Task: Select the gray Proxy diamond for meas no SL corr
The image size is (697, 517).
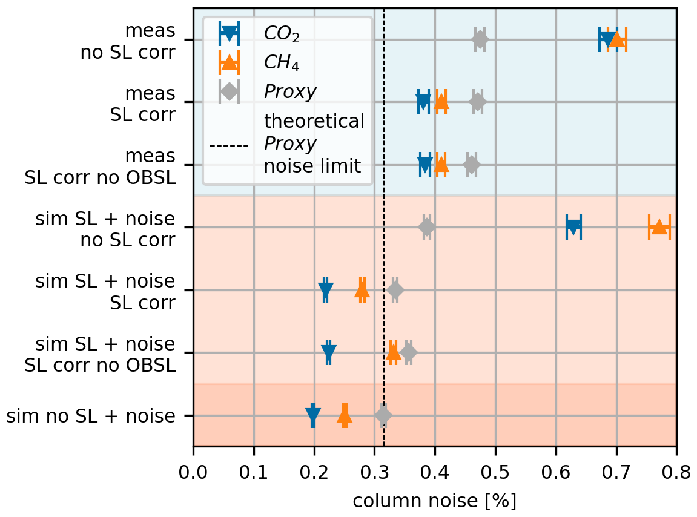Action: point(480,40)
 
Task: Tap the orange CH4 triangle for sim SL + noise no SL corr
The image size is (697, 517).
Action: point(659,227)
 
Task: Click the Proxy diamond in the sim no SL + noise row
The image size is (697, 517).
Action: point(383,415)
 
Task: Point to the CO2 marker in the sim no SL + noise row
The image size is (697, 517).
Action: point(313,415)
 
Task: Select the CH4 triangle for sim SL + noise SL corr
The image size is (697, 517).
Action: point(362,291)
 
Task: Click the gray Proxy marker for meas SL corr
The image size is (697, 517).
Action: point(478,102)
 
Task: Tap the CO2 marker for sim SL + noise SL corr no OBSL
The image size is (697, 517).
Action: point(329,352)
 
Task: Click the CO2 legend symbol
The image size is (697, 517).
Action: point(229,33)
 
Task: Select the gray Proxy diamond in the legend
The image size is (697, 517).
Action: point(229,91)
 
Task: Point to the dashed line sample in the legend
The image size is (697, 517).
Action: point(229,146)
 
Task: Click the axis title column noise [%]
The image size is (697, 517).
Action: point(434,501)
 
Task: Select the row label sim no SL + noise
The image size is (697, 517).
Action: point(91,416)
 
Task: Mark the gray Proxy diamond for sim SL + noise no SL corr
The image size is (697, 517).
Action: point(427,227)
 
